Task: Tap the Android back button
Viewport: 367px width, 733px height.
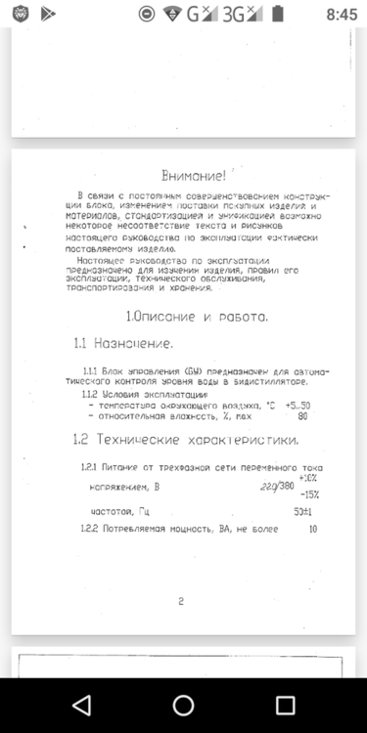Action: (82, 705)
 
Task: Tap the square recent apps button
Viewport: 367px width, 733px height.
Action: (285, 705)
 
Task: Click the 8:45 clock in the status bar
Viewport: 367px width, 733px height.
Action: (343, 15)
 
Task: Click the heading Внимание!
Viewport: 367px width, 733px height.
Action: (194, 176)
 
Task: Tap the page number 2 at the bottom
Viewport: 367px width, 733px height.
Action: (181, 601)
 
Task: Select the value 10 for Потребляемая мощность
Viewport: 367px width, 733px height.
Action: (312, 529)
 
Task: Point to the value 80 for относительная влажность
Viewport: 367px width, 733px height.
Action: (303, 417)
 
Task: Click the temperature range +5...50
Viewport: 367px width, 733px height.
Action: (298, 406)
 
